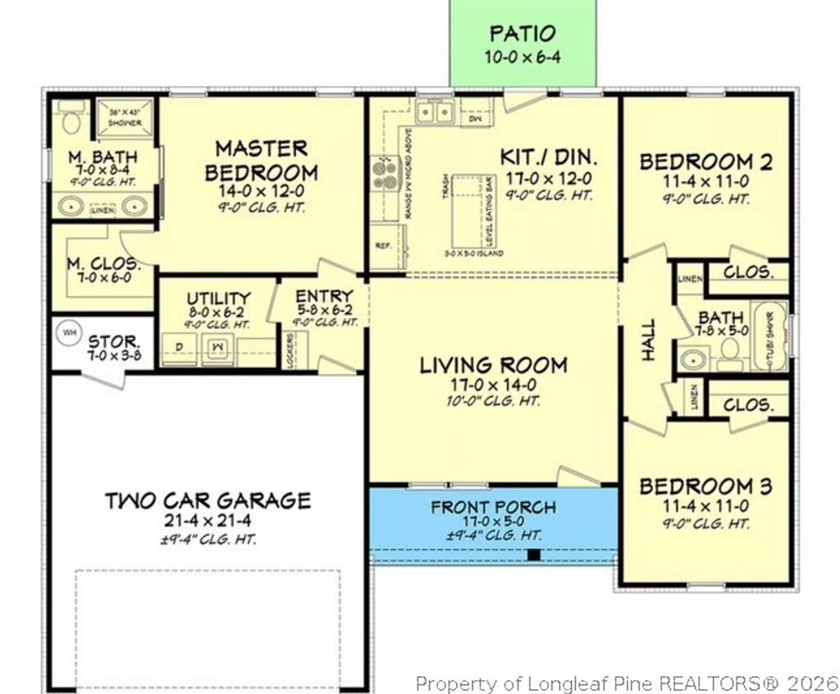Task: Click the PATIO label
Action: tap(523, 34)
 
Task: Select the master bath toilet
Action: tap(72, 121)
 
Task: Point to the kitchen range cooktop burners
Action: tap(384, 173)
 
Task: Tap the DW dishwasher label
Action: tap(474, 119)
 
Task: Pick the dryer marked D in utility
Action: tap(179, 348)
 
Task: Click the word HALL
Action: tap(648, 340)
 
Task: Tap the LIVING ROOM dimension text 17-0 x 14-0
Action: tap(492, 384)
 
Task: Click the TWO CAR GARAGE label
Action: tap(208, 500)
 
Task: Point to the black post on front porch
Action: tap(534, 555)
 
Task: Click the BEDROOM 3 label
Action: tap(705, 486)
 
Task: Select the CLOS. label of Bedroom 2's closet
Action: tap(747, 272)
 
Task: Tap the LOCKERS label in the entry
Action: tap(290, 349)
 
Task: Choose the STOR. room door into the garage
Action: tap(103, 378)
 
